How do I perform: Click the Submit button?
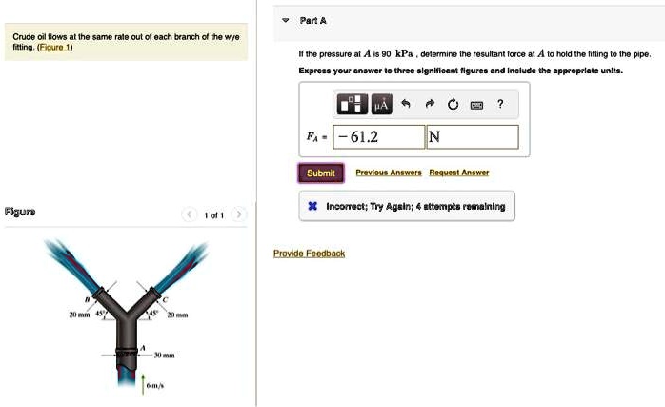321,173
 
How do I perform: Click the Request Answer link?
458,173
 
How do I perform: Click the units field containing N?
472,137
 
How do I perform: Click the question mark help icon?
500,104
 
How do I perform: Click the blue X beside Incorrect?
312,205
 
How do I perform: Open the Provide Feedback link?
309,254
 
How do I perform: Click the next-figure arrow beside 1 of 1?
240,215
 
